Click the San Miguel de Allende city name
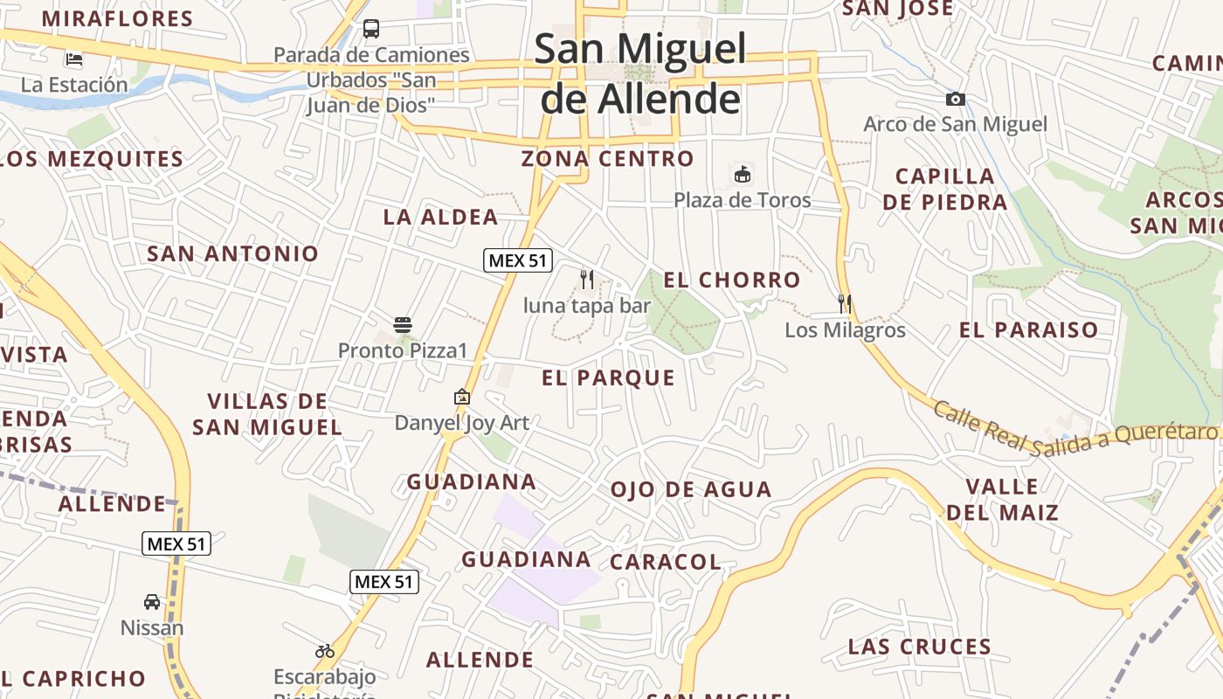click(x=640, y=73)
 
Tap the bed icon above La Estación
click(x=74, y=59)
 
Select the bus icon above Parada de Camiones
click(x=371, y=29)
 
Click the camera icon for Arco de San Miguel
click(x=956, y=99)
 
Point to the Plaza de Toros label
click(x=742, y=200)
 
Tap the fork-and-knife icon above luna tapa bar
click(x=587, y=280)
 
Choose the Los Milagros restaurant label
click(x=845, y=330)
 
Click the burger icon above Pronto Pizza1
click(x=403, y=326)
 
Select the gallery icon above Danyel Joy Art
click(x=462, y=398)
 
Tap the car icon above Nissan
click(x=152, y=602)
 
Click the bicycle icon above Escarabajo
click(x=325, y=651)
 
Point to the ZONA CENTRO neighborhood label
click(x=607, y=159)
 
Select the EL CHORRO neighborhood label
click(x=732, y=280)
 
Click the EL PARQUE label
click(x=608, y=378)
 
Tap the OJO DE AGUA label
click(x=690, y=489)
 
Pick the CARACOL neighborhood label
click(x=666, y=562)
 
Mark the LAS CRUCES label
click(x=920, y=647)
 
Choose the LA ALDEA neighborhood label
click(x=441, y=218)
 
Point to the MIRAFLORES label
click(x=117, y=18)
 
